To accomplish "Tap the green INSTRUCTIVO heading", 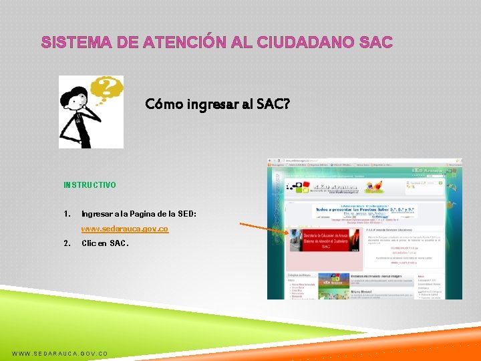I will pos(90,185).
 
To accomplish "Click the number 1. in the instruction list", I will pos(67,214).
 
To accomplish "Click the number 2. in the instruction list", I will pos(67,243).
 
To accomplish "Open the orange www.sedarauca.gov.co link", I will pos(125,229).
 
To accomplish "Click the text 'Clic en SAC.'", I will pos(105,243).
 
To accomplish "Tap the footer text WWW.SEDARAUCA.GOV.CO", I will pos(59,353).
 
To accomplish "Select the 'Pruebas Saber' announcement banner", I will pos(365,211).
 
